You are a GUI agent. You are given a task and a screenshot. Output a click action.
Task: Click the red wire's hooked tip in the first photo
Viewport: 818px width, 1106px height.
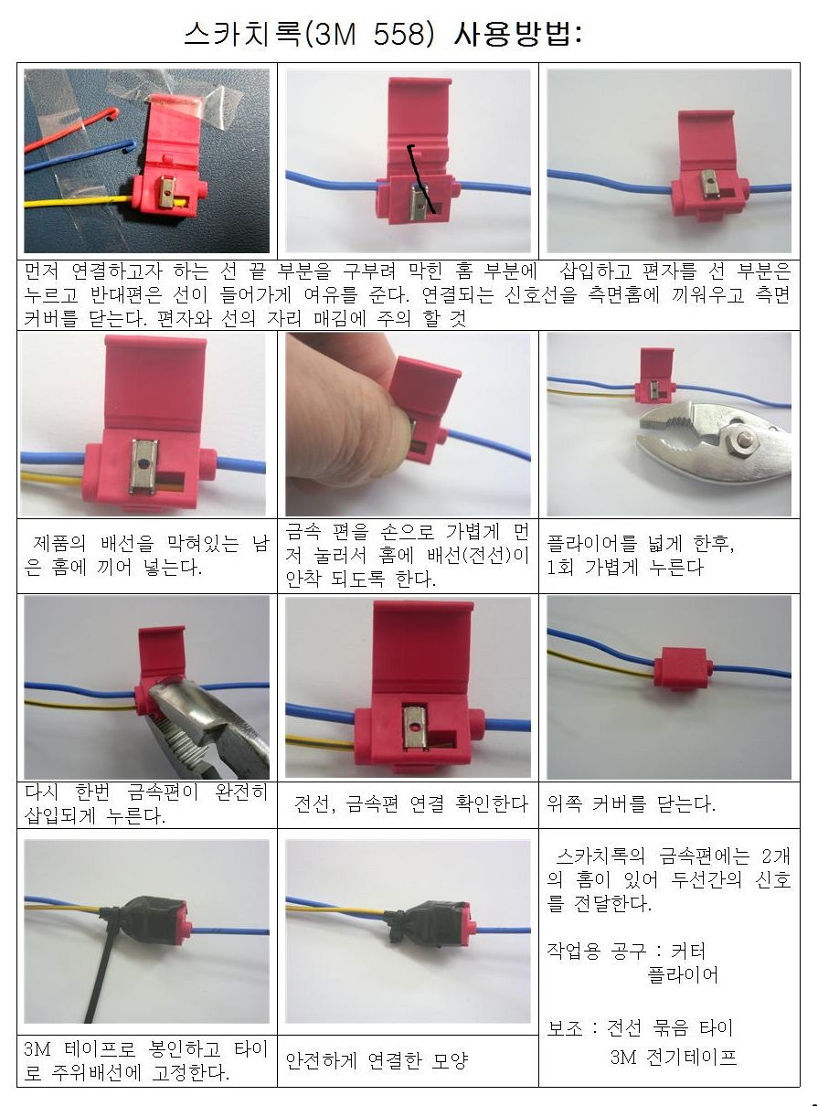pos(113,113)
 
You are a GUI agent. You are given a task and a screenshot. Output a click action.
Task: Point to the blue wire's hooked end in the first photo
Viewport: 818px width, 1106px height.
pos(130,146)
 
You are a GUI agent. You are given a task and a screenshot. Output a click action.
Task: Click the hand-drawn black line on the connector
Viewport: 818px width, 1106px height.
pos(420,178)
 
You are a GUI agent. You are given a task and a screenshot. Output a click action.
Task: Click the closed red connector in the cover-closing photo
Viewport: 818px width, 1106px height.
pos(681,668)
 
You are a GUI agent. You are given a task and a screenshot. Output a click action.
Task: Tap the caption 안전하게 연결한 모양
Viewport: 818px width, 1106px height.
pos(377,1061)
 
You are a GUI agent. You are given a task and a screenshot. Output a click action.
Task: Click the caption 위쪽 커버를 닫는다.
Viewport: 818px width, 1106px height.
pos(631,803)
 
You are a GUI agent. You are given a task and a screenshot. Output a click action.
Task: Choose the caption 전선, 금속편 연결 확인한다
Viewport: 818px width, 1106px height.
pos(410,803)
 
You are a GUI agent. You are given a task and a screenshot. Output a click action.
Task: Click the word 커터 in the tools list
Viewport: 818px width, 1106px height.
pos(688,952)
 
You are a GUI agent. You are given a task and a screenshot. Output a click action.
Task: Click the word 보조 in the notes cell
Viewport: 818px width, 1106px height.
pos(565,1027)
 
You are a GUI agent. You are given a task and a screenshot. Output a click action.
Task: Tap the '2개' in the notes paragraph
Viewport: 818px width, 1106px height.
pos(776,856)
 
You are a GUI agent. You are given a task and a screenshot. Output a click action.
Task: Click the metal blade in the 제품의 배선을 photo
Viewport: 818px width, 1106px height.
pos(143,466)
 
